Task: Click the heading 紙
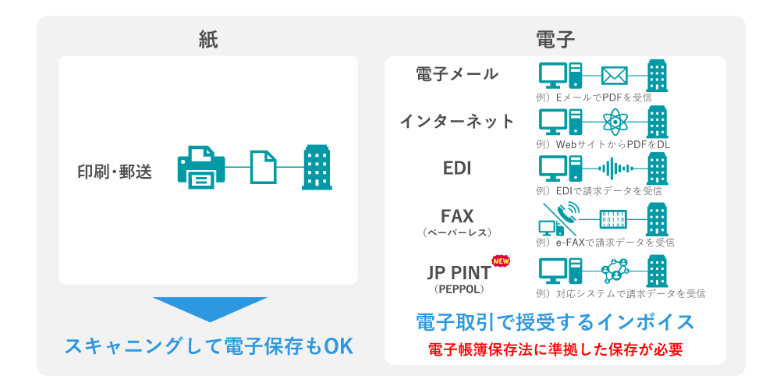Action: point(208,39)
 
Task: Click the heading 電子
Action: point(555,39)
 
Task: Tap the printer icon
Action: point(201,165)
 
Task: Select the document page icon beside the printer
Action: point(263,167)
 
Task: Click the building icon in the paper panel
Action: point(317,167)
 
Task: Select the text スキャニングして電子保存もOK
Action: point(209,345)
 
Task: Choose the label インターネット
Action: point(457,121)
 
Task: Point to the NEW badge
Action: point(500,261)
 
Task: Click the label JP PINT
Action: point(459,272)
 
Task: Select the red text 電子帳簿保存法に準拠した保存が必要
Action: point(555,349)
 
